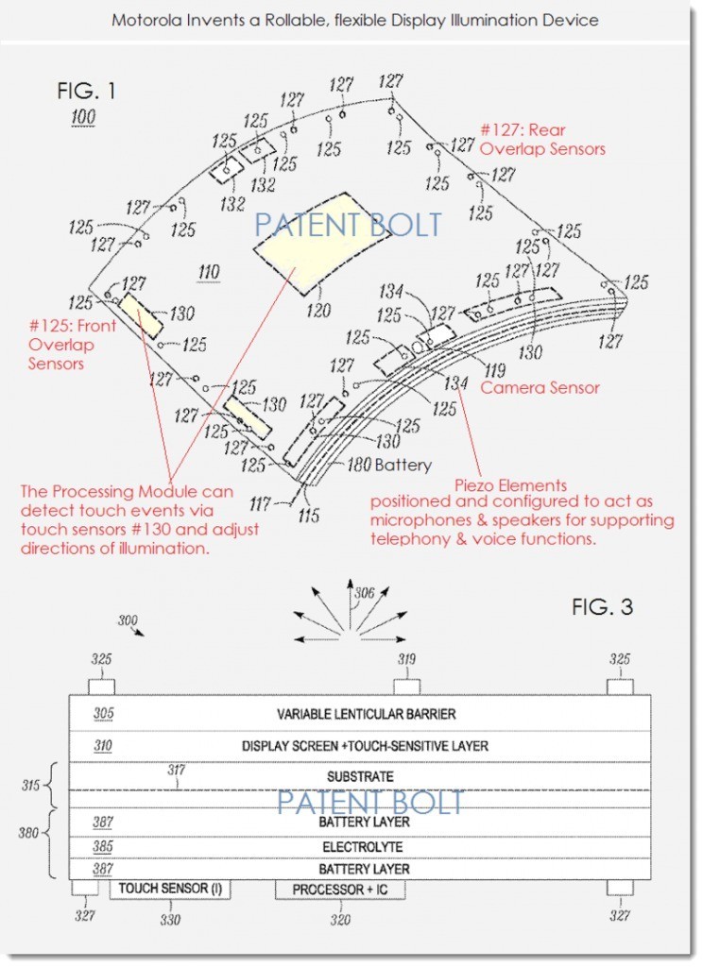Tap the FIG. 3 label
click(603, 606)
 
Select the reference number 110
click(208, 274)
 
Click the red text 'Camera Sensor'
click(540, 387)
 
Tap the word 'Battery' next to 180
click(403, 465)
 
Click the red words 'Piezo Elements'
click(516, 485)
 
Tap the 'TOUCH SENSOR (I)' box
click(170, 889)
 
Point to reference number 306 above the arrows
click(363, 594)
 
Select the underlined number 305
click(103, 714)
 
